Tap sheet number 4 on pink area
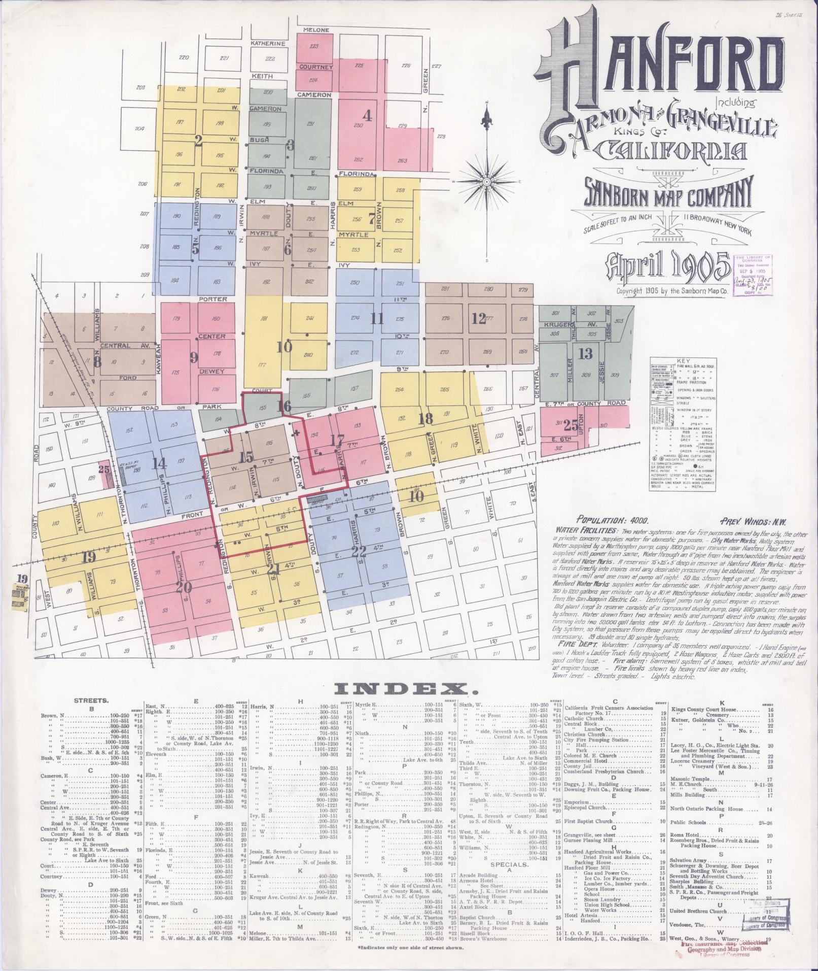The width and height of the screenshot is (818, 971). point(367,115)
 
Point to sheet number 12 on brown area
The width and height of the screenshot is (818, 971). point(478,319)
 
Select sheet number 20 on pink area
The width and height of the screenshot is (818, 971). point(184,587)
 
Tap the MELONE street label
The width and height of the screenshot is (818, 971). point(316,30)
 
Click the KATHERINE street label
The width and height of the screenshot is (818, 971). point(268,44)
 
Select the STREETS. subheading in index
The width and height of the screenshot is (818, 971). point(90,700)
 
